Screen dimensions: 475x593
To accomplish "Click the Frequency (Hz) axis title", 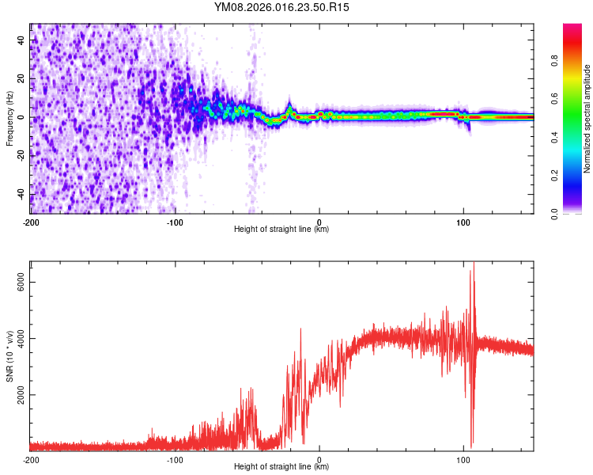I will (x=9, y=118).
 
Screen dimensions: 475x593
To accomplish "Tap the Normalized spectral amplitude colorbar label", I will (x=587, y=119).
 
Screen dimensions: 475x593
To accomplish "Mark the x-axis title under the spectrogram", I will (x=281, y=230).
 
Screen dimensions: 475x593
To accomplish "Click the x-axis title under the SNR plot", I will (x=281, y=467).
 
